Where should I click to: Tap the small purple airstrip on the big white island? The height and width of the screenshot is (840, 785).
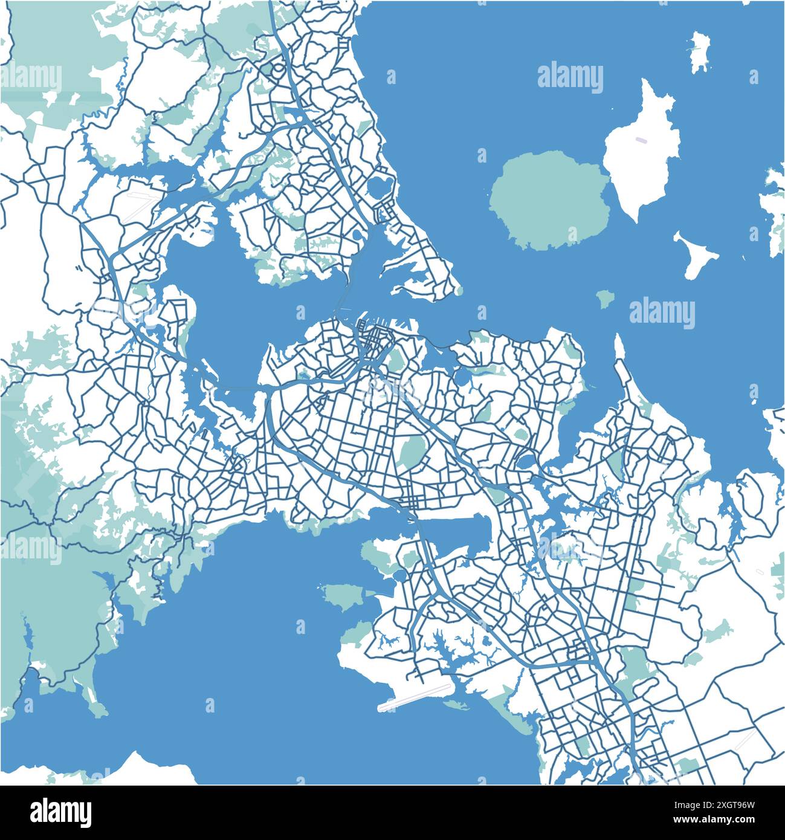pyautogui.click(x=641, y=140)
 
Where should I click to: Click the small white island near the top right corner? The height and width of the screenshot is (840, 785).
pyautogui.click(x=700, y=51)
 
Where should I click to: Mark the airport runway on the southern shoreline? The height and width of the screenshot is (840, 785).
pyautogui.click(x=415, y=697)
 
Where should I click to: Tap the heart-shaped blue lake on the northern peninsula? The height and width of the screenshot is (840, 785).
pyautogui.click(x=381, y=186)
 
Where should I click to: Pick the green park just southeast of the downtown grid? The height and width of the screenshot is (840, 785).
pyautogui.click(x=395, y=361)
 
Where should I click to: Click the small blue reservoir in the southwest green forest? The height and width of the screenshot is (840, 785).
pyautogui.click(x=27, y=636)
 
